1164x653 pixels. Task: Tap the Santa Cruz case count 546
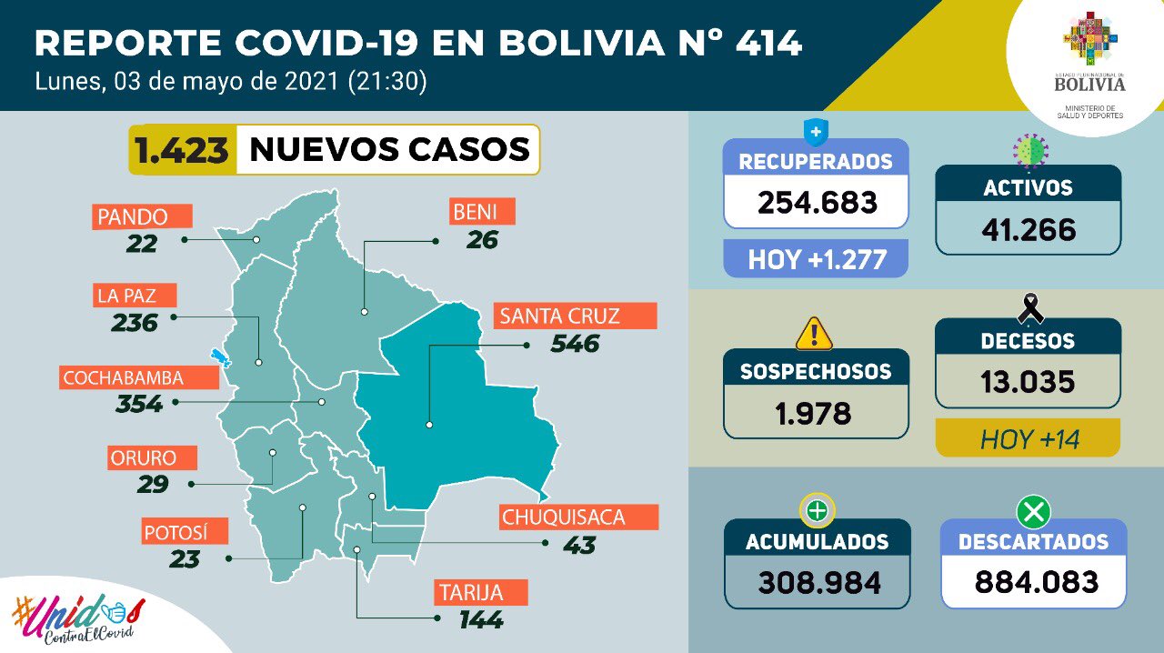tap(575, 344)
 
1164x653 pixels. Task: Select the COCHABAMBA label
tap(123, 377)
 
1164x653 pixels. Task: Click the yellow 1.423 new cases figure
tap(182, 148)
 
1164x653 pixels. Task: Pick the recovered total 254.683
tap(817, 201)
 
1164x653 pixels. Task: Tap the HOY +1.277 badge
tap(817, 259)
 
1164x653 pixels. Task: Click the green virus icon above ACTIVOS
tap(1030, 148)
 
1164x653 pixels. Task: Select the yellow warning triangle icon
tap(814, 334)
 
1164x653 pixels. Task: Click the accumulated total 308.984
tap(817, 581)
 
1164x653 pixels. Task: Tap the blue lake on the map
tap(217, 358)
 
